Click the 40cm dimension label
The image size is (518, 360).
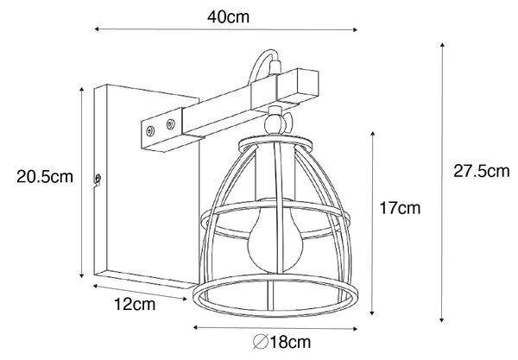[228, 17]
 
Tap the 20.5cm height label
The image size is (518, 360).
[45, 177]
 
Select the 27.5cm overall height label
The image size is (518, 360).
[482, 172]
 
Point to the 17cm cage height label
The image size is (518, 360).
[400, 208]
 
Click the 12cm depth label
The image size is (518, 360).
[135, 304]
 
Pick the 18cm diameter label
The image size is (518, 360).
[281, 342]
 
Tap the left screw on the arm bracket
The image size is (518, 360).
[150, 131]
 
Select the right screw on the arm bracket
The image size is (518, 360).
[170, 124]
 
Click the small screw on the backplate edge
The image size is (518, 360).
[98, 179]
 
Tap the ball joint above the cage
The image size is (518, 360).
[275, 123]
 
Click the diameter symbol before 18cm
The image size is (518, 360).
[261, 342]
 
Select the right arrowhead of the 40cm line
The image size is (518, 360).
[355, 30]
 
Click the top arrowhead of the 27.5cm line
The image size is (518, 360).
[442, 45]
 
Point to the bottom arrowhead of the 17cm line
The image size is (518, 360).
[372, 313]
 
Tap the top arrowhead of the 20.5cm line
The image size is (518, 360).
[82, 90]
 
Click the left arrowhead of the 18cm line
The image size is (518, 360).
[196, 328]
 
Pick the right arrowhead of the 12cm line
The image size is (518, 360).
[185, 300]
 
